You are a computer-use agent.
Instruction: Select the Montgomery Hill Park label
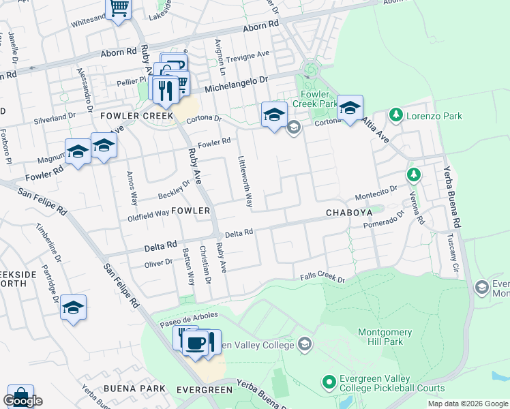[385, 337]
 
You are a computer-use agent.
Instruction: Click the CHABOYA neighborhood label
[347, 212]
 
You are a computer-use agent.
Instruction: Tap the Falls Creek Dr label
[323, 277]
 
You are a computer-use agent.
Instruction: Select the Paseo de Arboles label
[189, 317]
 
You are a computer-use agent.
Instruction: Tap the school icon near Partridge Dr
[73, 307]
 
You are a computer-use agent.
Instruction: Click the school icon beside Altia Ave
[350, 108]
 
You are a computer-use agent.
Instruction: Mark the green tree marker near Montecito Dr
[413, 175]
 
